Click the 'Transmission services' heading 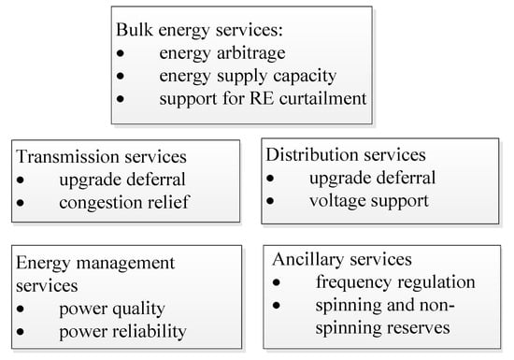[x=100, y=157]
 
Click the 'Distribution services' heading [x=346, y=154]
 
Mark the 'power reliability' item [x=121, y=331]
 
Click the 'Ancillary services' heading [x=341, y=259]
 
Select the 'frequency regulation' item [x=395, y=281]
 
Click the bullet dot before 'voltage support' [x=271, y=201]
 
